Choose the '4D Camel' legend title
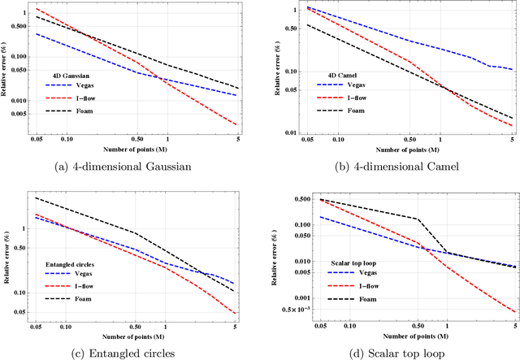click(x=330, y=71)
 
